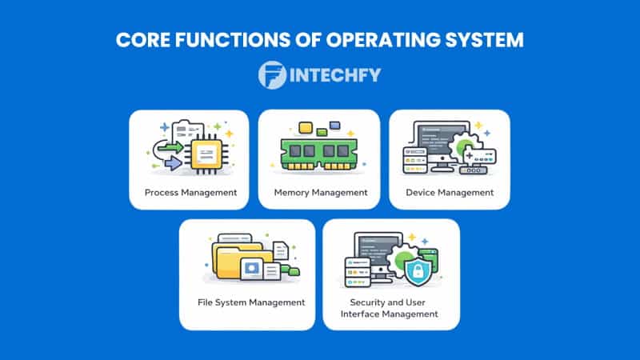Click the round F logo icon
(273, 75)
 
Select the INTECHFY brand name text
(335, 75)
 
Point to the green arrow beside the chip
(169, 147)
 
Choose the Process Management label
(190, 193)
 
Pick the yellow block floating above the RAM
(304, 128)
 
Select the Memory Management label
(320, 193)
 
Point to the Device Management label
(450, 193)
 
